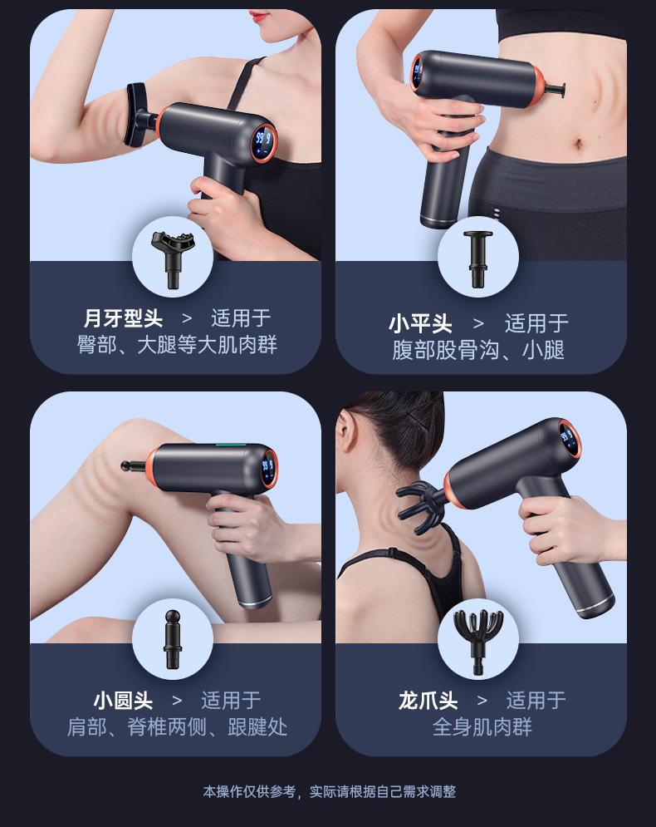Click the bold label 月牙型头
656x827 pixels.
click(x=123, y=318)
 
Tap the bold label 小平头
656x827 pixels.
click(x=420, y=323)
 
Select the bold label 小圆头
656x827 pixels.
click(x=123, y=701)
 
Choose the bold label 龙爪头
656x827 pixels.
click(x=428, y=701)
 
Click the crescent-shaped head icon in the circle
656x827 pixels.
click(x=172, y=258)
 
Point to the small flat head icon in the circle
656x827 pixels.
click(x=478, y=258)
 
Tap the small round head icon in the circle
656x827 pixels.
click(x=172, y=638)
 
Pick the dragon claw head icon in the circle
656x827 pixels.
click(x=478, y=640)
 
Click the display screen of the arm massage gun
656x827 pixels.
click(x=263, y=142)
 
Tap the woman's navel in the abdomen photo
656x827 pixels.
click(x=579, y=144)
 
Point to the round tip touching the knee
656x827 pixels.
click(x=133, y=465)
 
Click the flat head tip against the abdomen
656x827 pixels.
click(x=556, y=89)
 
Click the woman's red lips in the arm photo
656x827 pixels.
click(x=260, y=16)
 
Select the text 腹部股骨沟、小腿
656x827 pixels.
click(x=478, y=350)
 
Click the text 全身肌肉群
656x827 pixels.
click(x=482, y=727)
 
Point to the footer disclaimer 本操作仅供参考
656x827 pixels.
click(x=249, y=791)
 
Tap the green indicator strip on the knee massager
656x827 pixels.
click(x=231, y=445)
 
